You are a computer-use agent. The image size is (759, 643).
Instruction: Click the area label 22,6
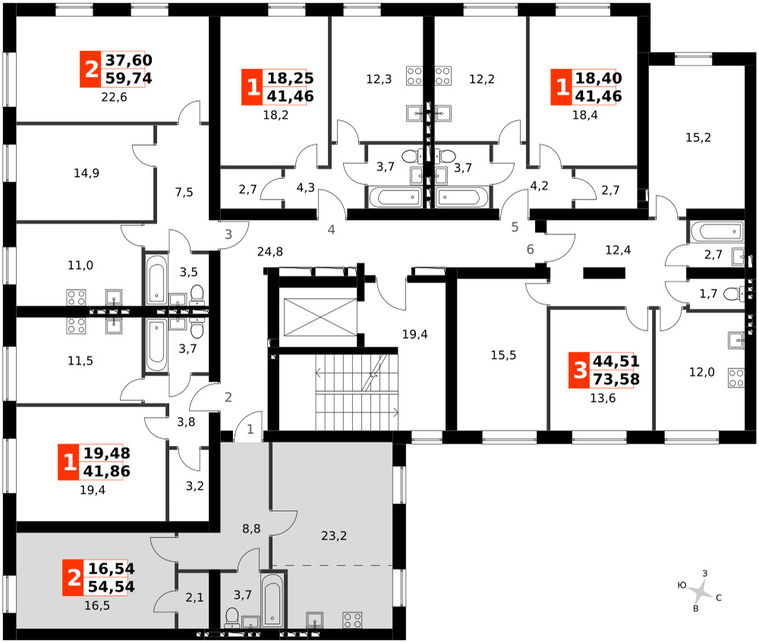115,97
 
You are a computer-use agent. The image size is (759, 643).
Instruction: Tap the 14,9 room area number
87,173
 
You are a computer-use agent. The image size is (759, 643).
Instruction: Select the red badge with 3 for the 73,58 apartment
580,370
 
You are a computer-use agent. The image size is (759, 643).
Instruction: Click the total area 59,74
129,78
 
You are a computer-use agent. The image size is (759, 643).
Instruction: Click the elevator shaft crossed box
320,317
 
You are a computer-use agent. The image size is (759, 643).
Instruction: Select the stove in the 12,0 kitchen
736,378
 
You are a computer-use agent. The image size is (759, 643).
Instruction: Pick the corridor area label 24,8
270,252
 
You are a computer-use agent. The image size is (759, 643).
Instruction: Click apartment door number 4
331,230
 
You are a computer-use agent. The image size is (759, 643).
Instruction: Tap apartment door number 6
530,249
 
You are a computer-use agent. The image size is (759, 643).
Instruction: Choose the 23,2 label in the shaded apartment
334,535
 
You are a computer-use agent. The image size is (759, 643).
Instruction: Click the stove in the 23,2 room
352,619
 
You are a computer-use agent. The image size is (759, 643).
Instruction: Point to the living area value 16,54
112,569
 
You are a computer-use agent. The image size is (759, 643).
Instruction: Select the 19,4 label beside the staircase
415,334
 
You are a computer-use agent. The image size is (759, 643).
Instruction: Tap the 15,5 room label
503,356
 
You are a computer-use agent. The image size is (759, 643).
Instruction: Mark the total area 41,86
106,472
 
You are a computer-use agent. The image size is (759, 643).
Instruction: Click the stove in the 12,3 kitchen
414,76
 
